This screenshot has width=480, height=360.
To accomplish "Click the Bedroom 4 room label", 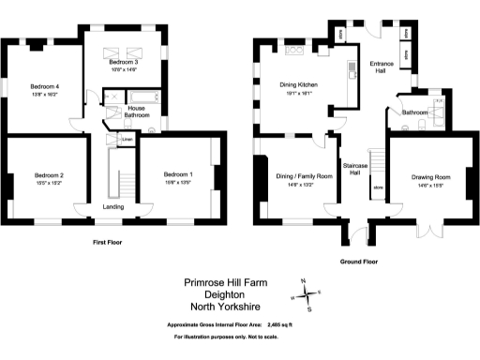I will coord(45,86).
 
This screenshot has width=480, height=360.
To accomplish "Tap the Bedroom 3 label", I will coord(124,62).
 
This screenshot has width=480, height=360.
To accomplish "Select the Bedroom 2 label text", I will coord(49,175).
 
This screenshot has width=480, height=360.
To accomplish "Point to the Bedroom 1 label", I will coord(178,175).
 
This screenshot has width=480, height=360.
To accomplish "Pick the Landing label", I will coord(112,207).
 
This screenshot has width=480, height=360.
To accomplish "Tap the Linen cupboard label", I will coord(127,140).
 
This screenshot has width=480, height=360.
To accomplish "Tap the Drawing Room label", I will coord(431,177).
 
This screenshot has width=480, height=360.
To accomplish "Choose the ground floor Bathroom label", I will coord(414,112).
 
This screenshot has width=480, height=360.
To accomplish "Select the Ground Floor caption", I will coord(359,262).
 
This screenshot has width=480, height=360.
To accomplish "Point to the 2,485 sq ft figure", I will coord(275,323).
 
